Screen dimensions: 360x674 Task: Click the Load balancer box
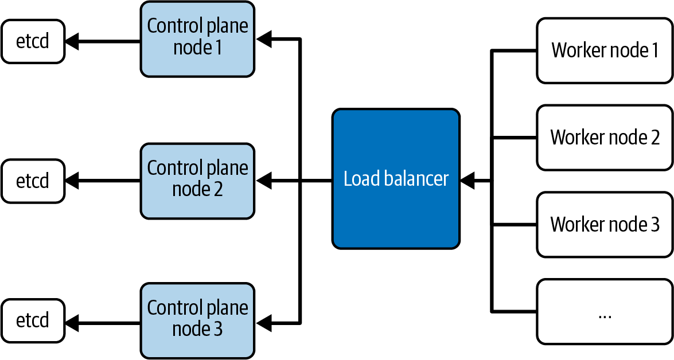[396, 179]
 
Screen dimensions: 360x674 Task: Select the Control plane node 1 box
[197, 38]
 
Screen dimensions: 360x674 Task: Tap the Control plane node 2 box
[197, 181]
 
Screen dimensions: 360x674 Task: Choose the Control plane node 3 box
[197, 320]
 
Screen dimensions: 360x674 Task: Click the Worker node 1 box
[604, 50]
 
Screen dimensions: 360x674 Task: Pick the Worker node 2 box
[604, 138]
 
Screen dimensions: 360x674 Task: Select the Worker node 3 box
[604, 225]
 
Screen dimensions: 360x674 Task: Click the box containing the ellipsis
[604, 312]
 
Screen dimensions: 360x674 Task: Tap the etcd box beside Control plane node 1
[33, 41]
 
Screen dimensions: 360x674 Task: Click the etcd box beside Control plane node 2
[33, 181]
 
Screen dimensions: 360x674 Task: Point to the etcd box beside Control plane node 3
[33, 320]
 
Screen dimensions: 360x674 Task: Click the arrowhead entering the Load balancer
[467, 181]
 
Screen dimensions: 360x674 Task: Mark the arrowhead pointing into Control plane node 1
[264, 40]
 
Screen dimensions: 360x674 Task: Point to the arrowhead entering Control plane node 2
[264, 181]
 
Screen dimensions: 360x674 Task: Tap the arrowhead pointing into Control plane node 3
[264, 321]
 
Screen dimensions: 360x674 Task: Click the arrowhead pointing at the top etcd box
[71, 41]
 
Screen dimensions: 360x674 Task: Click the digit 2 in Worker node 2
[654, 138]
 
